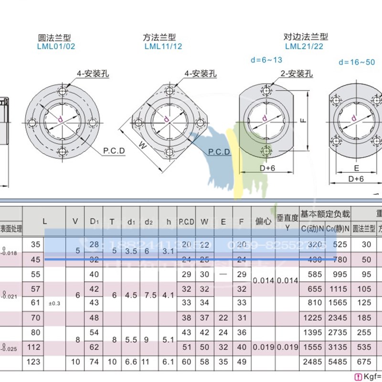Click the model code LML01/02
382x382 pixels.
(x=56, y=47)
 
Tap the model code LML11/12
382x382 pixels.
(x=163, y=47)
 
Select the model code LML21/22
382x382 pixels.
(x=304, y=46)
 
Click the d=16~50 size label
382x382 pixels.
(x=357, y=62)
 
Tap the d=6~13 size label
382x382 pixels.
(x=266, y=60)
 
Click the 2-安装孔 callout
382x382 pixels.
(x=296, y=74)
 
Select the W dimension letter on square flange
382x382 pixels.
(x=142, y=145)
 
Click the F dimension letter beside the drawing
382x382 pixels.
(x=303, y=120)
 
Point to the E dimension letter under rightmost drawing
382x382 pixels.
(x=356, y=168)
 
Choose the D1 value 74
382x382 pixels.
(x=94, y=362)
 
